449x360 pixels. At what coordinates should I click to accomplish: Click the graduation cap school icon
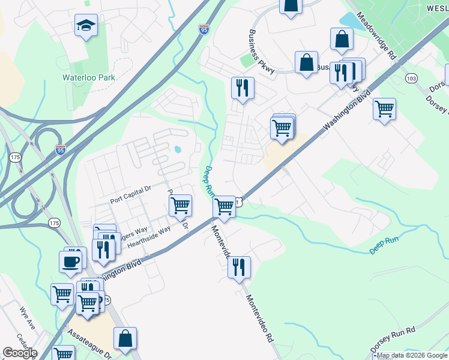[86, 26]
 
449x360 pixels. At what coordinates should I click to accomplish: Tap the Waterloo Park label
[89, 77]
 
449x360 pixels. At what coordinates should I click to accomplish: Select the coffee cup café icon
[70, 261]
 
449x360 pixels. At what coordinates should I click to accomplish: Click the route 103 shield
[411, 78]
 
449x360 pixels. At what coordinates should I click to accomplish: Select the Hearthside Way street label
[148, 232]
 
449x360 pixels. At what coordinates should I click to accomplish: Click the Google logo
[20, 352]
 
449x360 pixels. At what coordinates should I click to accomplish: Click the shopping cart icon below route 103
[384, 109]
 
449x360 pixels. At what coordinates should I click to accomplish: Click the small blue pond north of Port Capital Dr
[177, 149]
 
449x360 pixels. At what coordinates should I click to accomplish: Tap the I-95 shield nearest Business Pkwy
[204, 27]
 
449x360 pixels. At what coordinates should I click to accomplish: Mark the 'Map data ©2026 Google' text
[412, 356]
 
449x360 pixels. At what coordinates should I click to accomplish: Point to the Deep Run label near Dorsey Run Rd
[385, 244]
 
